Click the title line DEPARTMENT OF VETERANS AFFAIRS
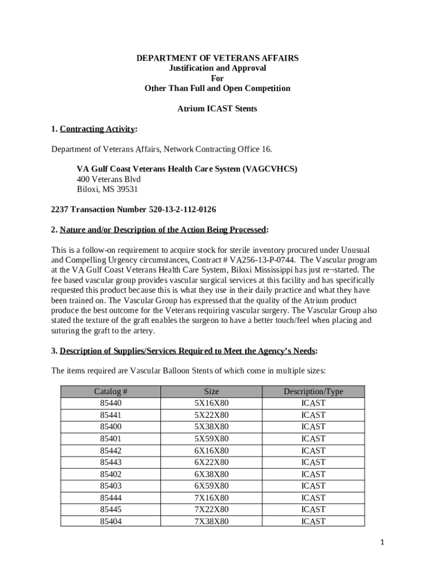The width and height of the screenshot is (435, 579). click(x=217, y=58)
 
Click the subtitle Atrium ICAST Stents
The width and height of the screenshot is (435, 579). click(x=217, y=109)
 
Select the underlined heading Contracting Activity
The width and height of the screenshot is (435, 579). click(x=97, y=129)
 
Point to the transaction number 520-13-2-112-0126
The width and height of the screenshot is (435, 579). click(x=182, y=210)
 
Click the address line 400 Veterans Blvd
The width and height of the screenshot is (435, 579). click(x=108, y=179)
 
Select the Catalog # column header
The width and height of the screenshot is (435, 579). click(x=111, y=391)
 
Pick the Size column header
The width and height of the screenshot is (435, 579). click(x=212, y=391)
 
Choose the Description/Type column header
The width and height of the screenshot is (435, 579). click(x=313, y=391)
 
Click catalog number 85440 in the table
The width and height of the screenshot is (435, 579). click(x=111, y=403)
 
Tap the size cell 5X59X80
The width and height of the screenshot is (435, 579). click(x=212, y=439)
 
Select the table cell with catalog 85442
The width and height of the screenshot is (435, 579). click(x=111, y=451)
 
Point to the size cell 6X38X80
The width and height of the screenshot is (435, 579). click(x=212, y=474)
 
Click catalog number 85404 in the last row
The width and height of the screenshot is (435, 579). click(x=111, y=521)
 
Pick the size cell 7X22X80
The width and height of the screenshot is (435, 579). click(x=212, y=509)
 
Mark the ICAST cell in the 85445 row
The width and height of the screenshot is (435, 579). click(x=313, y=509)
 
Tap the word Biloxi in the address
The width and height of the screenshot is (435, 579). click(x=88, y=189)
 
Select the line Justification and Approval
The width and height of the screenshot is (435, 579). click(x=217, y=68)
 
